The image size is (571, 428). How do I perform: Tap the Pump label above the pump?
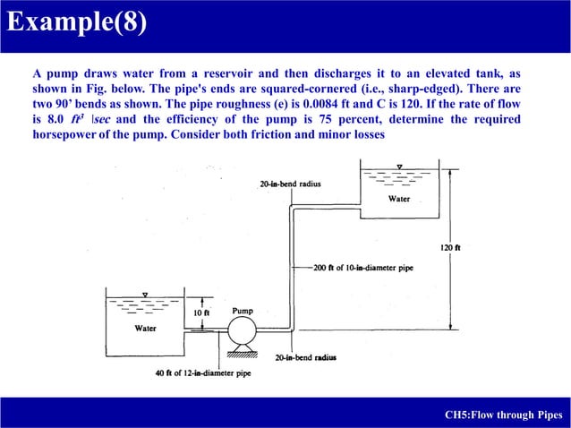pos(242,311)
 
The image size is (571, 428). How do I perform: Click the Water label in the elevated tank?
pos(399,199)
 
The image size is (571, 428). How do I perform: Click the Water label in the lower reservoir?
pos(145,329)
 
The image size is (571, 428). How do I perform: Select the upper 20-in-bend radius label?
pos(290,184)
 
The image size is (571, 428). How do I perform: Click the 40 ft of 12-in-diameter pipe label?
pos(203,372)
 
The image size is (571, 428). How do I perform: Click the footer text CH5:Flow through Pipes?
pos(503,415)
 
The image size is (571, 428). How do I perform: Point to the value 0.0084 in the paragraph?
pos(354,104)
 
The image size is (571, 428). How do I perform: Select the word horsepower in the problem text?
pos(64,133)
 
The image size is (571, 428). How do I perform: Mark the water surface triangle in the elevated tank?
pos(399,166)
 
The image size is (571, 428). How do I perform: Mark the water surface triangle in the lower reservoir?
pos(144,294)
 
